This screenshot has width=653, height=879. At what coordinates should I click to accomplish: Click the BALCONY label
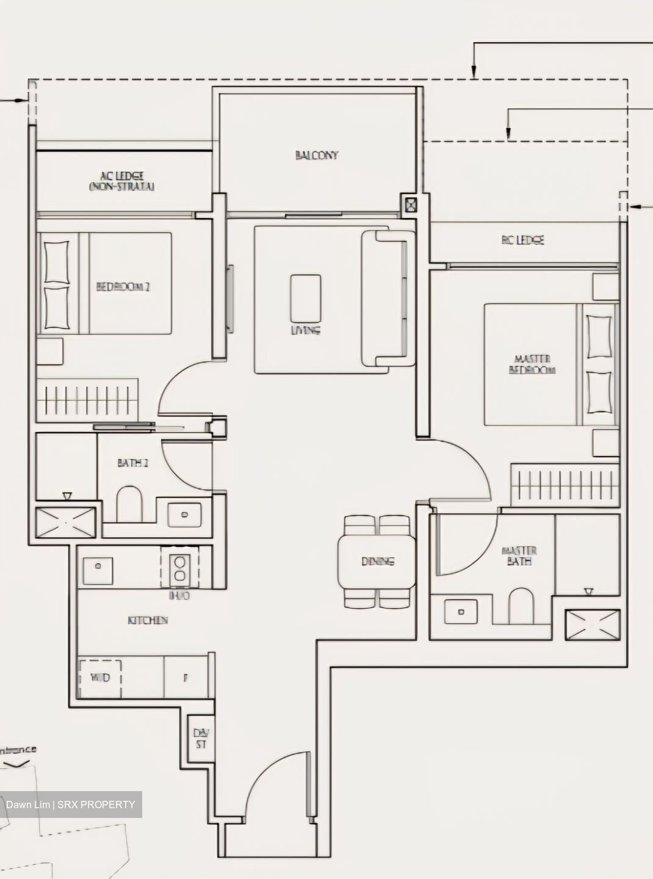click(x=316, y=155)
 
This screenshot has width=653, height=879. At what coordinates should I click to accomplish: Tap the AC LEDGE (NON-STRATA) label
click(x=121, y=181)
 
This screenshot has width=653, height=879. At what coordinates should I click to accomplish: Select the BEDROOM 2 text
click(x=123, y=286)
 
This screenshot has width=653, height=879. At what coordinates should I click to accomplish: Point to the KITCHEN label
click(x=148, y=620)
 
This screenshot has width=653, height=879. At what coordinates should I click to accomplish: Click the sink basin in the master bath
click(x=461, y=610)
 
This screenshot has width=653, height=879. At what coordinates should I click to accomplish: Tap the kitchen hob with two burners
click(x=179, y=567)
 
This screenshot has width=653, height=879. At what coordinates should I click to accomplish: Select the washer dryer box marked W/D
click(x=99, y=678)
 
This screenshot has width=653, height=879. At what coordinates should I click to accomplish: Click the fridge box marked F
click(x=186, y=678)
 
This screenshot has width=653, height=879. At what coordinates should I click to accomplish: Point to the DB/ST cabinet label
click(x=200, y=739)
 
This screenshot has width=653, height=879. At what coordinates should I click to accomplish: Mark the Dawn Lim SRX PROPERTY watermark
click(x=71, y=805)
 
